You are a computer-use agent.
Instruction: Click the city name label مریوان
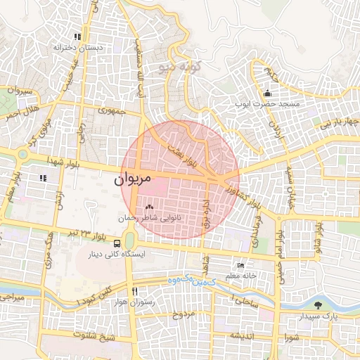pyautogui.click(x=132, y=179)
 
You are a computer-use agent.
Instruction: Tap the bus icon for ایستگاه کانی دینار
pyautogui.click(x=107, y=244)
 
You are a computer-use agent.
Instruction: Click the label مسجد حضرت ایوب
pyautogui.click(x=270, y=103)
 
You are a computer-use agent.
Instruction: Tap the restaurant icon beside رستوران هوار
pyautogui.click(x=134, y=290)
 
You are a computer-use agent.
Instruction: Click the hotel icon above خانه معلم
pyautogui.click(x=241, y=266)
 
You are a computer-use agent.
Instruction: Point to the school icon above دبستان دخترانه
pyautogui.click(x=77, y=37)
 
